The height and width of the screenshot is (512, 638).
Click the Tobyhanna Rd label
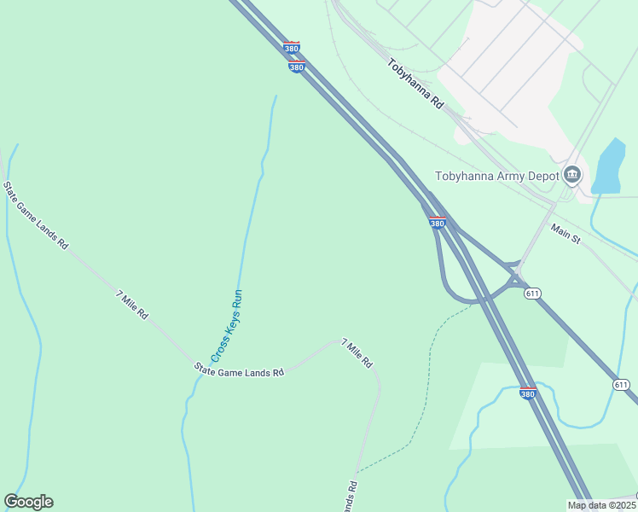tap(415, 83)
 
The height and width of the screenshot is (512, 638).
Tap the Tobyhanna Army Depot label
tap(496, 177)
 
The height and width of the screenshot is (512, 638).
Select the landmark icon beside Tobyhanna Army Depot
tap(572, 176)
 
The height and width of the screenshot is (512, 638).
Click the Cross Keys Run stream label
tap(228, 326)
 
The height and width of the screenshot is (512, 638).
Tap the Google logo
tap(28, 502)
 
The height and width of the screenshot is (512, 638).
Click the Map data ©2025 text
tap(600, 505)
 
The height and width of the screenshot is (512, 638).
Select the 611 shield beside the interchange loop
tap(532, 294)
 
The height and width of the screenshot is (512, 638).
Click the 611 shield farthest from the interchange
tap(621, 385)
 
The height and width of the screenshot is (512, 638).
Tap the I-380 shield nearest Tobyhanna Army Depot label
tap(437, 222)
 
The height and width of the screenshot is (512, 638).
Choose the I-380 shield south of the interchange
tap(528, 393)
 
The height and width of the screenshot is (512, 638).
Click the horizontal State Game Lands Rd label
tap(238, 370)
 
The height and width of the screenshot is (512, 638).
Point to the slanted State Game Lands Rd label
tap(35, 215)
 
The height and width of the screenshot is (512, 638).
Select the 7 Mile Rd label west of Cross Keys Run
tap(131, 305)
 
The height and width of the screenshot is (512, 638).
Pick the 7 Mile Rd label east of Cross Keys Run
tap(357, 352)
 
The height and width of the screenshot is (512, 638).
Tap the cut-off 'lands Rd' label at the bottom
tap(351, 497)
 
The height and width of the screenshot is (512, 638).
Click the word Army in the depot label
tap(519, 177)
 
